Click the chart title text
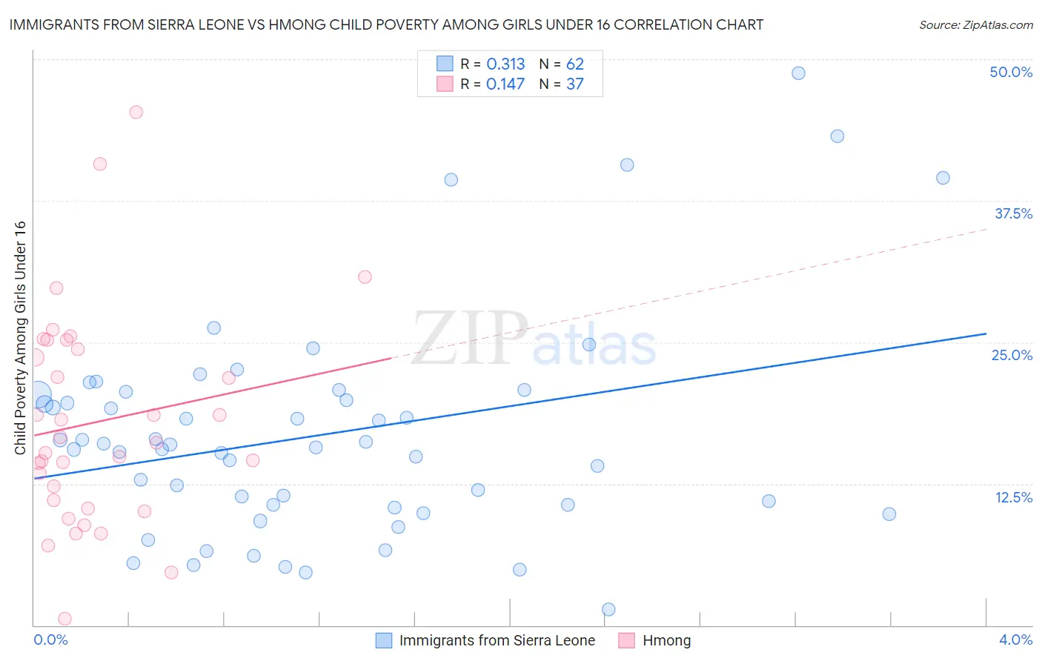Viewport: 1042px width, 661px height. (x=385, y=24)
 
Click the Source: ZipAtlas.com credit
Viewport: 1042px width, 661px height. (x=975, y=24)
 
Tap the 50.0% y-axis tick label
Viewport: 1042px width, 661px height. (x=1011, y=72)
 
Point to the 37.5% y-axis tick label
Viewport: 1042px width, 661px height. (x=1013, y=213)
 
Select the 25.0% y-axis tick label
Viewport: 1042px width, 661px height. (x=1012, y=355)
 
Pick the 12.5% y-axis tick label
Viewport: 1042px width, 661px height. (x=1013, y=497)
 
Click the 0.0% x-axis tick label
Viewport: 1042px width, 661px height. (x=50, y=640)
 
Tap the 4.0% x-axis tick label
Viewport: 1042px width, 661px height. (x=1015, y=640)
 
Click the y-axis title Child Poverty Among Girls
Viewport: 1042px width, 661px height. (x=20, y=337)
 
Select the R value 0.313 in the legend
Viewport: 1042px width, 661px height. (x=505, y=64)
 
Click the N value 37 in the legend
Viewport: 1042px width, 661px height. (x=575, y=84)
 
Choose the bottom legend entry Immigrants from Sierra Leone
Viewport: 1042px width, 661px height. (x=497, y=640)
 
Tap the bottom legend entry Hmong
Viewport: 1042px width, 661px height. (x=666, y=640)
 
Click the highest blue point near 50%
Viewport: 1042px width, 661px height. (x=798, y=73)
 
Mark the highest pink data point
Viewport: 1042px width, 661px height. (x=136, y=112)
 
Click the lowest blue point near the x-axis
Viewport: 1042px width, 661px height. (x=608, y=609)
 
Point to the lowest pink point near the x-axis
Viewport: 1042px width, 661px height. (x=64, y=619)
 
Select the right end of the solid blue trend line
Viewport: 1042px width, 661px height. (x=986, y=333)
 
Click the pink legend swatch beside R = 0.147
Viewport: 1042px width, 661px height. (x=445, y=84)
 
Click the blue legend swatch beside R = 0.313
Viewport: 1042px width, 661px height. (x=445, y=64)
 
